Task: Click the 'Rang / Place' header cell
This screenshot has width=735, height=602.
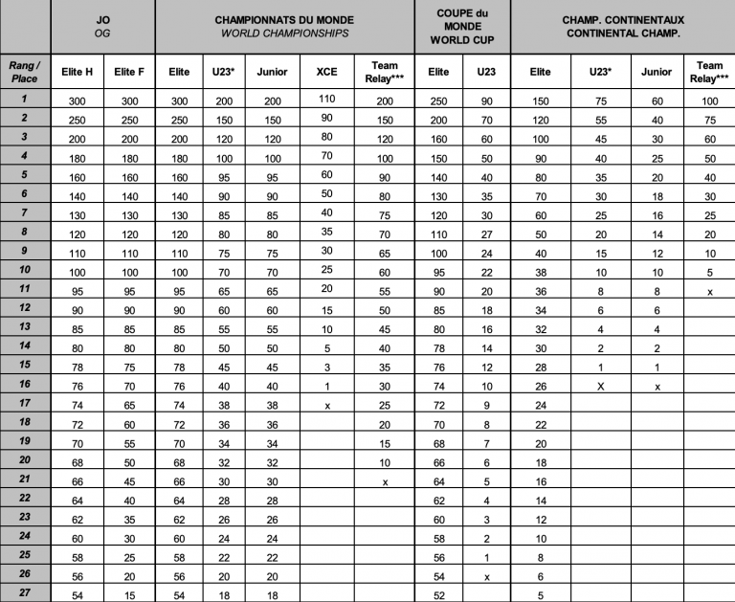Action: [x=25, y=71]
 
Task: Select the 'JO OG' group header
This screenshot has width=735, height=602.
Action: [x=103, y=26]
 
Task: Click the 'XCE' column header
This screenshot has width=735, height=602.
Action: [x=326, y=72]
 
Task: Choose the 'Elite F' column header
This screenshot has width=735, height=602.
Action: [x=128, y=72]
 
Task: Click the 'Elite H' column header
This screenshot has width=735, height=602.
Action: [x=78, y=72]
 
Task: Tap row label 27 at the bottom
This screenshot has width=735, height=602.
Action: [x=25, y=593]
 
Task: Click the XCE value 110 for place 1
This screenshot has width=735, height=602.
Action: [x=326, y=99]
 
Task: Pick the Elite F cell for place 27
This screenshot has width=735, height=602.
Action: [x=128, y=594]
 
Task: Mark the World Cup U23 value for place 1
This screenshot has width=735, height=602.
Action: [x=486, y=100]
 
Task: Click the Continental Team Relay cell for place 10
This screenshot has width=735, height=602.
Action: [x=709, y=273]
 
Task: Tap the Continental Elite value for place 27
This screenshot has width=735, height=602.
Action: [x=541, y=594]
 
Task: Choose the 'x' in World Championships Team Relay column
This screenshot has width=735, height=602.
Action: [x=385, y=482]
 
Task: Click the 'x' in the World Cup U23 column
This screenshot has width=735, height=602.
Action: [x=486, y=577]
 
